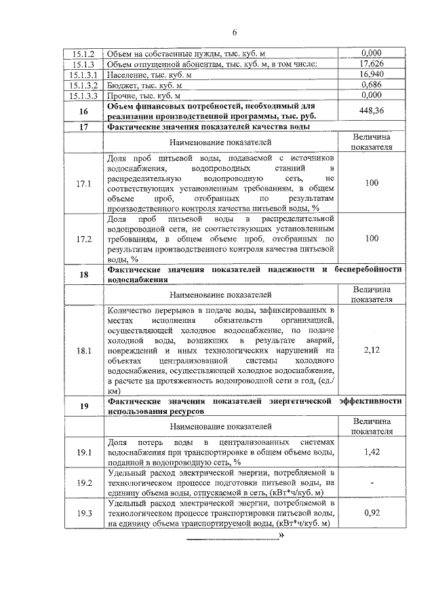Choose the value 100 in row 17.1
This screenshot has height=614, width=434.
[x=372, y=183]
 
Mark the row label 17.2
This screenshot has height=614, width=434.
[x=83, y=239]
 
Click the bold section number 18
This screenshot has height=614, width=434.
[x=83, y=275]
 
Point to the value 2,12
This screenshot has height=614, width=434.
[x=372, y=350]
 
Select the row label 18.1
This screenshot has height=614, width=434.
[x=83, y=350]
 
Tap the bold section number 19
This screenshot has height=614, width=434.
[x=83, y=406]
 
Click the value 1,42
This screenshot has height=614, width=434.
[x=372, y=451]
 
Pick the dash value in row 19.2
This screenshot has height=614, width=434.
[x=372, y=483]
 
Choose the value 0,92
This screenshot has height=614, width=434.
[x=372, y=513]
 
